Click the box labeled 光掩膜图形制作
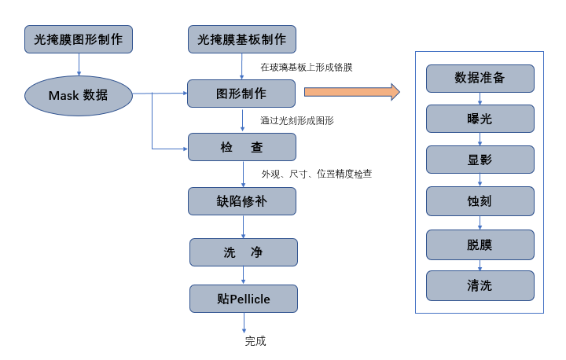click(x=79, y=39)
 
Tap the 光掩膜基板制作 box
click(x=242, y=39)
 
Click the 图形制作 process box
click(x=242, y=94)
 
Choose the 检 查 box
click(x=242, y=147)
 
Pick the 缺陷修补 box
click(x=242, y=200)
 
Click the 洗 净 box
click(x=244, y=252)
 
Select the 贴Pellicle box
click(x=244, y=299)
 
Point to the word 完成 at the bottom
click(x=255, y=341)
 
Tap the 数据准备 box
click(x=480, y=78)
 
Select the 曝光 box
click(x=480, y=118)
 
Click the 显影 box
click(x=480, y=160)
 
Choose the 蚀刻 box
click(x=480, y=201)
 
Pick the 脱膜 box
click(x=480, y=244)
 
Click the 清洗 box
click(x=480, y=285)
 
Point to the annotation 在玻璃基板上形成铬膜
click(x=307, y=68)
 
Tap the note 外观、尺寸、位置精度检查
click(x=317, y=174)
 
